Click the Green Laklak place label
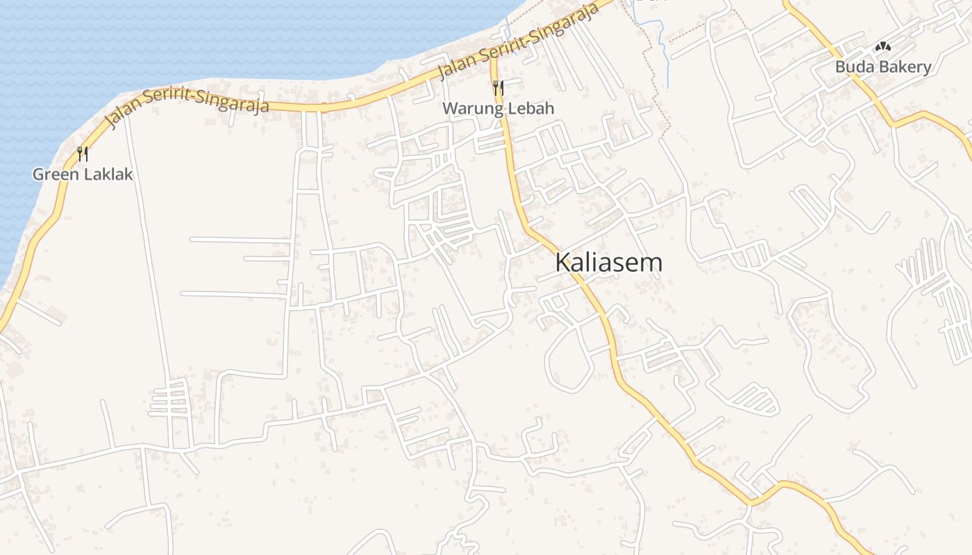[x=83, y=174]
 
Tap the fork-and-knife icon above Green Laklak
[x=83, y=153]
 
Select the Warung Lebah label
[x=498, y=108]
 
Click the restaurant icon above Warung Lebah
[x=498, y=87]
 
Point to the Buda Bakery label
[x=883, y=67]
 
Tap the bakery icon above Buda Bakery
[x=883, y=47]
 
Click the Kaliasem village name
[x=609, y=263]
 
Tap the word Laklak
[x=109, y=174]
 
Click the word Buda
[x=852, y=67]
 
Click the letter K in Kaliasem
[x=563, y=263]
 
